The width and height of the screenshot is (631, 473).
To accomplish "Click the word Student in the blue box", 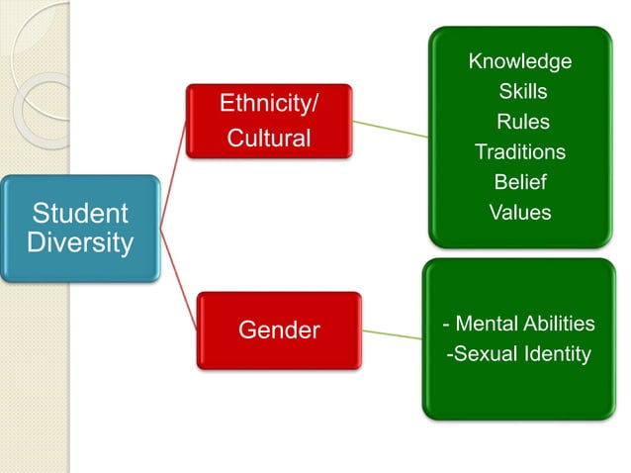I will click(x=79, y=214).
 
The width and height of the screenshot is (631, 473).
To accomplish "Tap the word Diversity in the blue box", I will click(x=79, y=242).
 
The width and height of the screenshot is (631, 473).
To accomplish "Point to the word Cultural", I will click(x=269, y=138).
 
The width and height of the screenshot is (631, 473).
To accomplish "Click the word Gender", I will click(x=280, y=331).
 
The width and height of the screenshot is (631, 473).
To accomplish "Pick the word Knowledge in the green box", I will click(x=520, y=61).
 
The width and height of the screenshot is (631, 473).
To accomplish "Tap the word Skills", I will click(x=523, y=92).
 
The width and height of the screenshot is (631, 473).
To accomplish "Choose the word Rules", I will click(x=523, y=122).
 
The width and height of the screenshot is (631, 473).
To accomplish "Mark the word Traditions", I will click(x=520, y=151).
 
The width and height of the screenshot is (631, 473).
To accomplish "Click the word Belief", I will click(x=520, y=182).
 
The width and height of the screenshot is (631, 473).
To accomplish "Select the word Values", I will click(x=520, y=212).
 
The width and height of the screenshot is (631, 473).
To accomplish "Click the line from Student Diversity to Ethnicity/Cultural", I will click(x=172, y=172).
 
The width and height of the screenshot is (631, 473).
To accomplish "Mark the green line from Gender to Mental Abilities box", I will click(x=391, y=333).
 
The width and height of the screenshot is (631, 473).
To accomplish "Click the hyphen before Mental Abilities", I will click(x=448, y=325).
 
